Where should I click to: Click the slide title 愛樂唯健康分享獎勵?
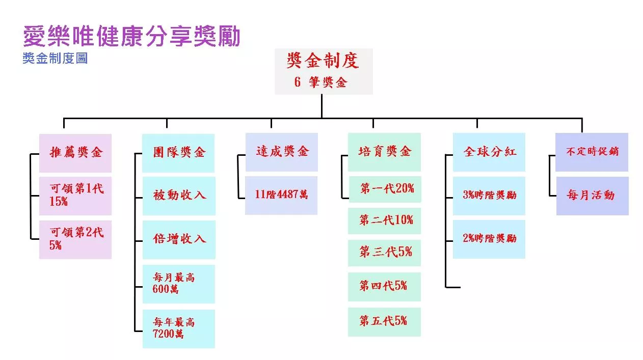click(x=131, y=37)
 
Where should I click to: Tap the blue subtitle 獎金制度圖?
click(x=55, y=58)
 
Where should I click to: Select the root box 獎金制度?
click(x=324, y=71)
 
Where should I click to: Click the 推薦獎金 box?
click(x=75, y=152)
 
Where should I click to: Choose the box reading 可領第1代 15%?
click(x=75, y=196)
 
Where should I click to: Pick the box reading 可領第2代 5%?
click(x=75, y=239)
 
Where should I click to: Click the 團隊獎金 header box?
click(x=178, y=152)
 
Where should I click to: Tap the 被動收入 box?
click(x=178, y=196)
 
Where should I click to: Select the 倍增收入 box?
click(x=178, y=239)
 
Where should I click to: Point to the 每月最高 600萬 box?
click(x=178, y=284)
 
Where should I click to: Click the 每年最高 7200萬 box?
click(x=178, y=328)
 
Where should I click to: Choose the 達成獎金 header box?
click(x=282, y=152)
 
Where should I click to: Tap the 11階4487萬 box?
click(x=281, y=195)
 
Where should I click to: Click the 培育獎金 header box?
click(x=384, y=152)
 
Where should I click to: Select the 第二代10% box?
click(x=384, y=220)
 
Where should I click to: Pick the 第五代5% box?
click(x=384, y=321)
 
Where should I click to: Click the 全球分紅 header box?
click(x=489, y=152)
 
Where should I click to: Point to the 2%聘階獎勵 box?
click(x=489, y=239)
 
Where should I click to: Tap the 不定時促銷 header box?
click(x=592, y=152)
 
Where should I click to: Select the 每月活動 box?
click(x=592, y=196)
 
